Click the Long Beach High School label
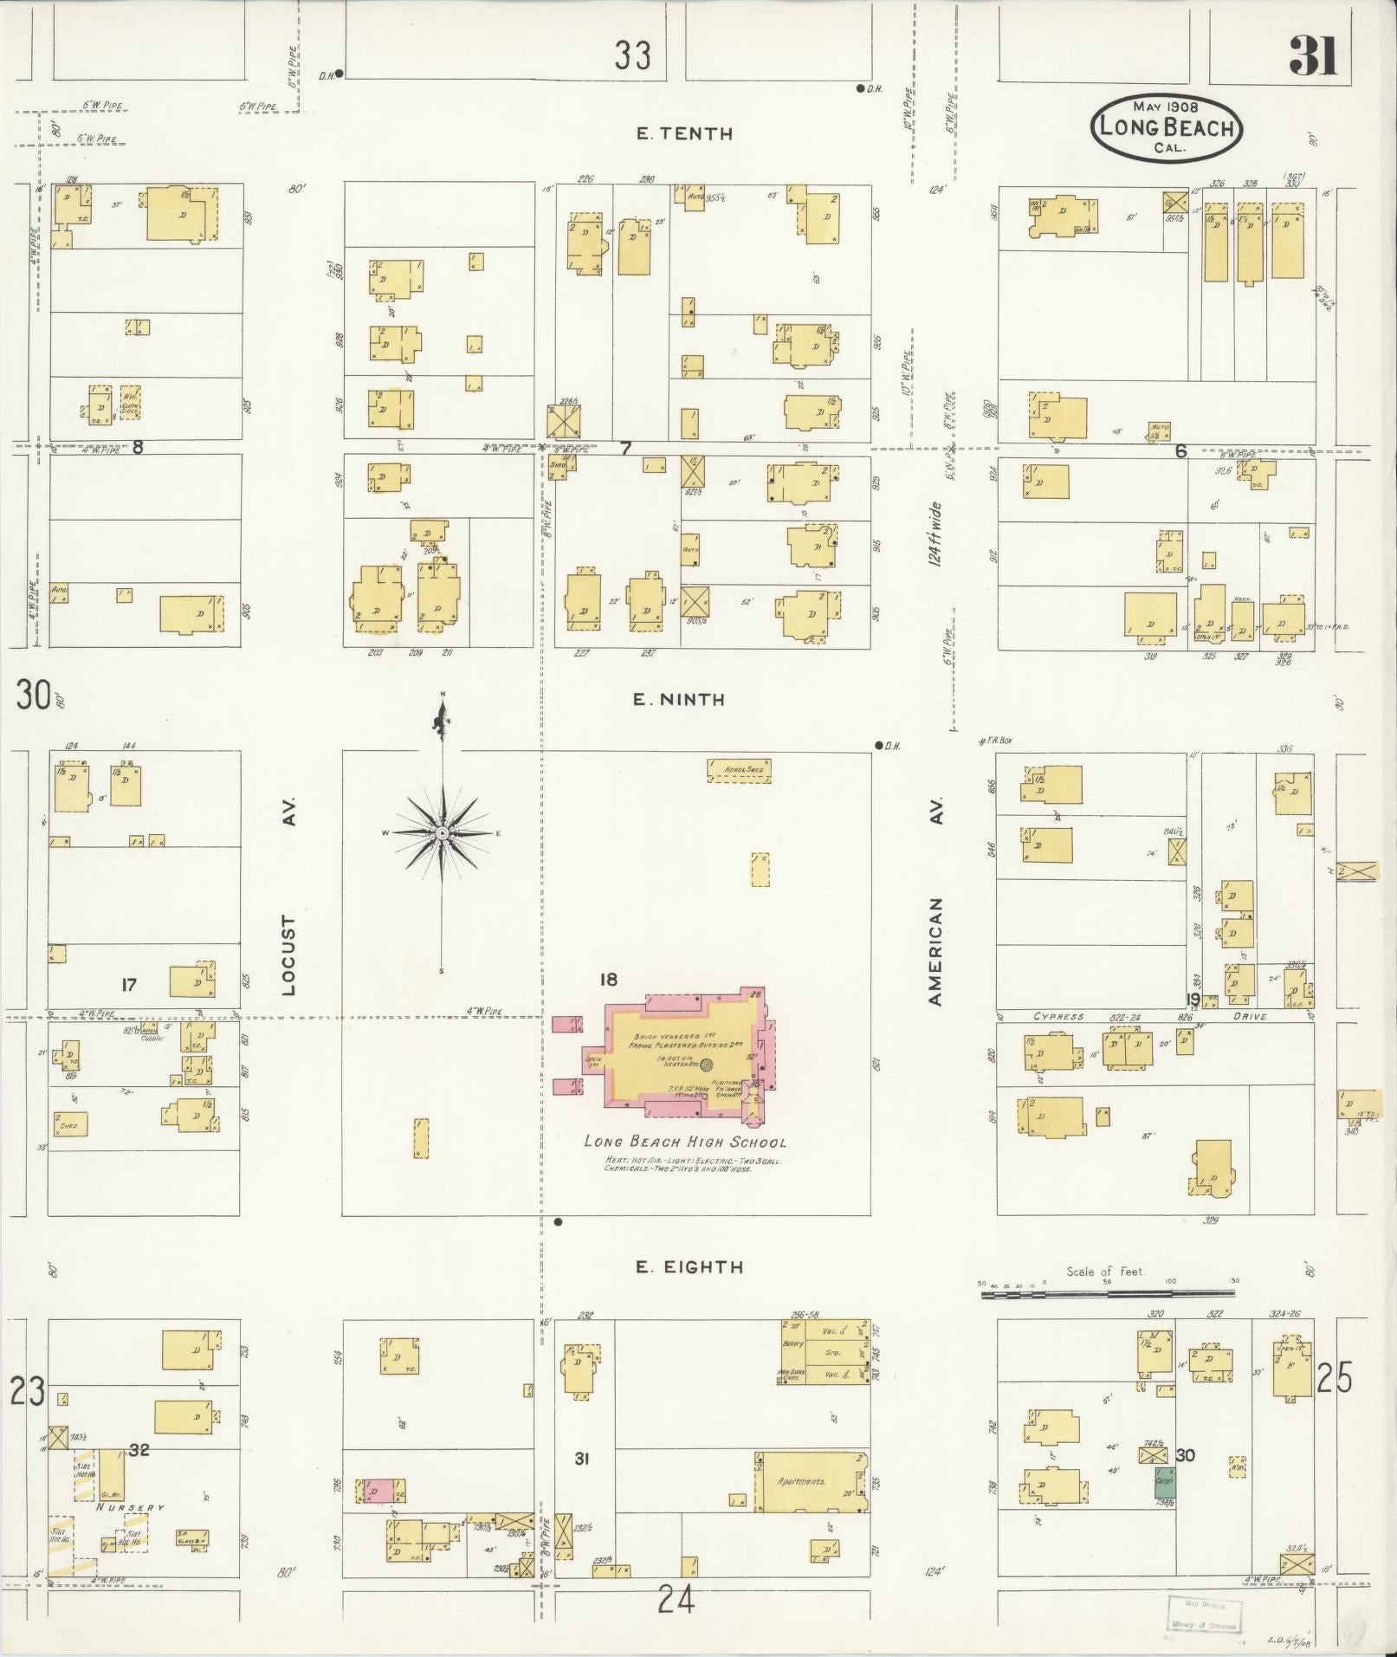tap(684, 1142)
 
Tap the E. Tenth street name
tap(683, 133)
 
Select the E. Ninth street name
tap(679, 699)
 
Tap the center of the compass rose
tap(441, 833)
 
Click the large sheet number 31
tap(1313, 55)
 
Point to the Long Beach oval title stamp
tap(1167, 127)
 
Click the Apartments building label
tap(801, 1481)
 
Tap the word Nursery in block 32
tap(131, 1508)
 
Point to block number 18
tap(608, 979)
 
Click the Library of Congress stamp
tap(1204, 1614)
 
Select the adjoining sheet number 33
tap(633, 55)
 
